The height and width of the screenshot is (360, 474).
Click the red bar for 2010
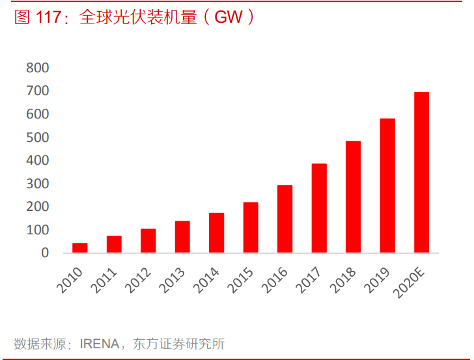tap(79, 247)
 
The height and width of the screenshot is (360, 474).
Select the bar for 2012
tap(148, 240)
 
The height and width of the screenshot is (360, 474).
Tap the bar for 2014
tap(216, 232)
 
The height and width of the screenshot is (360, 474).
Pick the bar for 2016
tap(285, 219)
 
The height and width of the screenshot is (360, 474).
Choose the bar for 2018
tap(353, 197)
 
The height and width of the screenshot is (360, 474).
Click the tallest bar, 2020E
tap(421, 172)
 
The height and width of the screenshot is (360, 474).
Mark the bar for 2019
tap(387, 186)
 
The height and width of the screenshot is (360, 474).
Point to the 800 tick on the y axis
tap(38, 68)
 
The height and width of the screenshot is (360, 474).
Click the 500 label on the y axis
tap(38, 137)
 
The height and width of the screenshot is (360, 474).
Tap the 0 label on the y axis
tap(45, 253)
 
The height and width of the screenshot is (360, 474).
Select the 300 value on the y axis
tap(38, 184)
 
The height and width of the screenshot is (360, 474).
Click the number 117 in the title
tap(49, 18)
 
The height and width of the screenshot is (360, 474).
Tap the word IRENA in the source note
tap(99, 343)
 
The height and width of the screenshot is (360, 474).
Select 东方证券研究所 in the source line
tap(178, 343)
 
